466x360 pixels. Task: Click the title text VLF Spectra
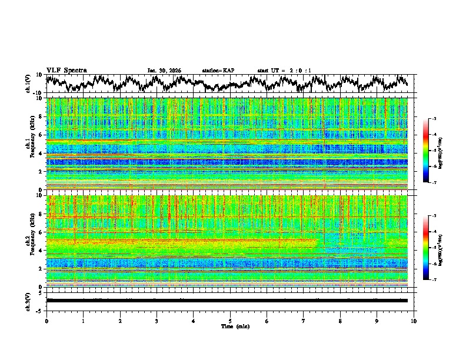[x=66, y=71]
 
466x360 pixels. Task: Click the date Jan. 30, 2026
[x=164, y=71]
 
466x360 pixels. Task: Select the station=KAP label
[x=218, y=71]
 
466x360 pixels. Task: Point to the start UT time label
[x=284, y=71]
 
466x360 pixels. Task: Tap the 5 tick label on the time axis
[x=230, y=321]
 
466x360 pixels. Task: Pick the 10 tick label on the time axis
[x=414, y=321]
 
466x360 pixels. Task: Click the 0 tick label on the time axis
[x=46, y=321]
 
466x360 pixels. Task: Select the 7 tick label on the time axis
[x=304, y=321]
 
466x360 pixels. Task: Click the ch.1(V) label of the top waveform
[x=28, y=84]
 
